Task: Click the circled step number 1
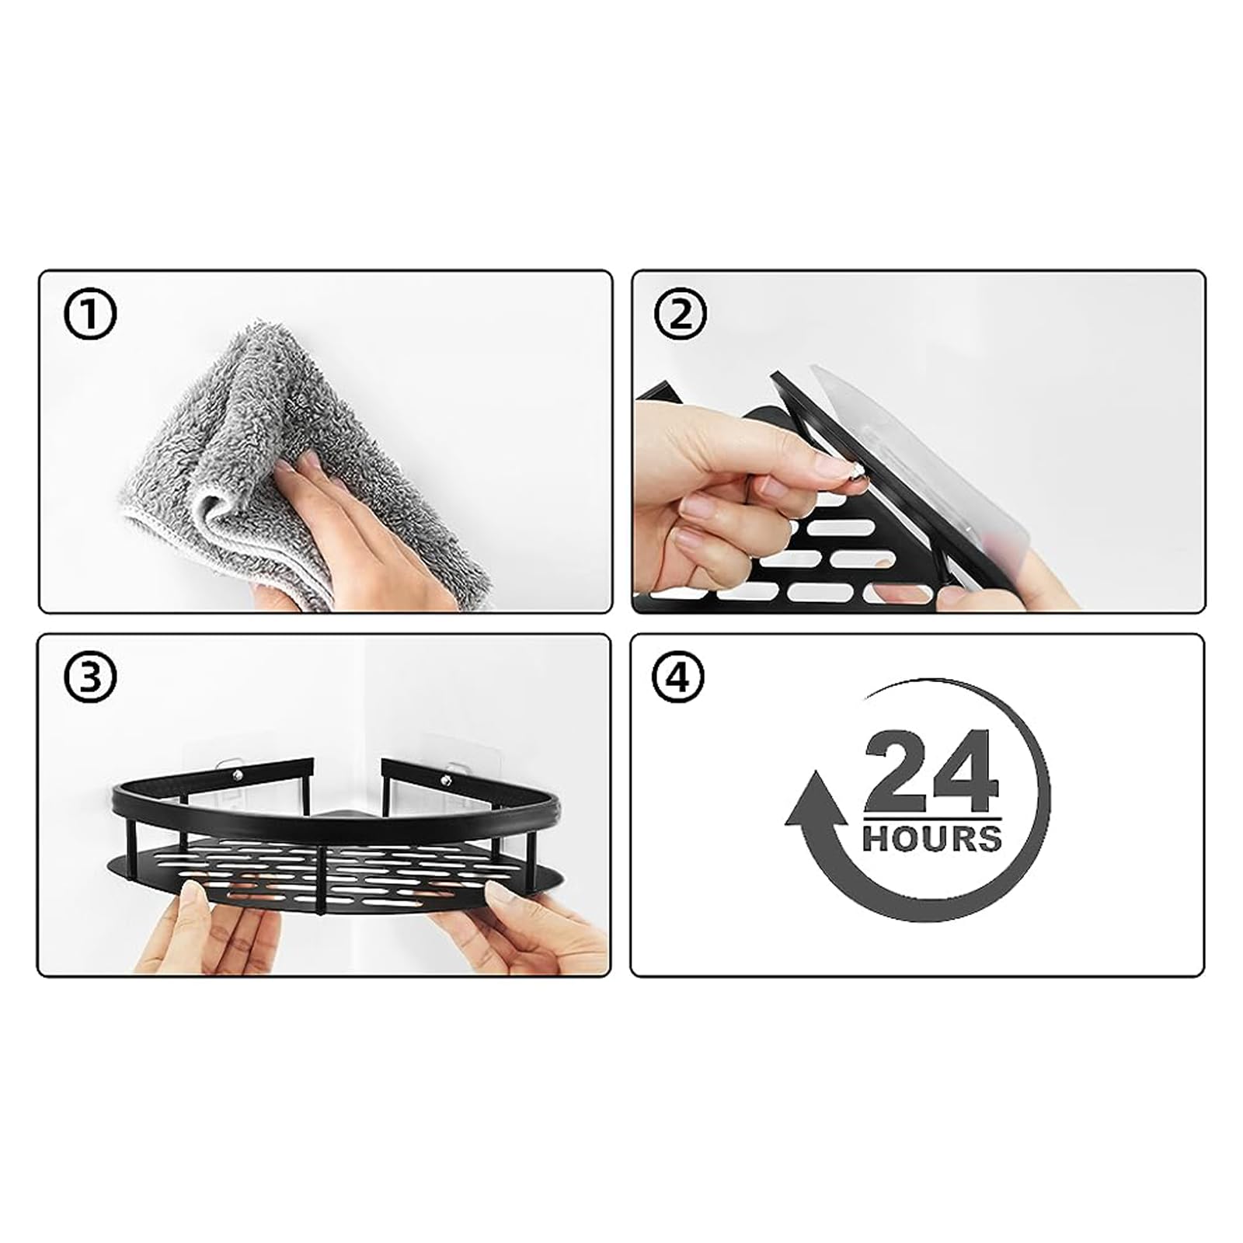coord(89,315)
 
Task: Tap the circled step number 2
coord(681,315)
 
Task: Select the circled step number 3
coord(89,677)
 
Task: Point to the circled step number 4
coord(681,677)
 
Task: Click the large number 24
coord(930,773)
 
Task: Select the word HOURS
coord(931,839)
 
